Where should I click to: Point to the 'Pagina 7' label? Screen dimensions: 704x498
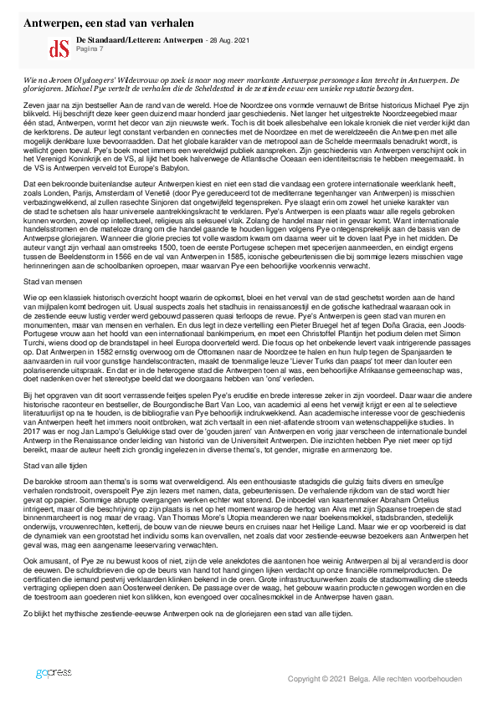[x=89, y=49]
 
